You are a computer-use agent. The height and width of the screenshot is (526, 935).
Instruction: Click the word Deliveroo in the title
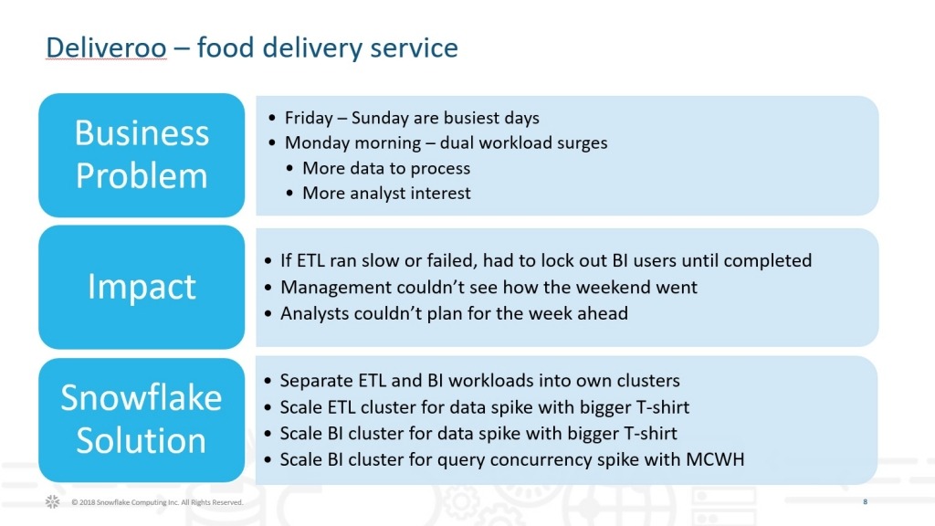coord(106,47)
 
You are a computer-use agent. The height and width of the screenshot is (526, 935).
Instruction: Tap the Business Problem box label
coord(142,154)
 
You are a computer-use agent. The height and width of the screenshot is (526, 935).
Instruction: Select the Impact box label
coord(142,287)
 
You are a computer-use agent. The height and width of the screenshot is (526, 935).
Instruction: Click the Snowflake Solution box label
coord(142,419)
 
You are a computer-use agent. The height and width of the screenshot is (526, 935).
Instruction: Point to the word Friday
coord(309,118)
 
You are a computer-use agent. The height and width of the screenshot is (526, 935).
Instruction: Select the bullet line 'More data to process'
coord(386,168)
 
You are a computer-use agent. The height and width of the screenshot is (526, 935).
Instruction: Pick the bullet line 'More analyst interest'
coord(386,194)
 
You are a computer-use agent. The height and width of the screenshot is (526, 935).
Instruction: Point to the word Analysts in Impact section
coord(315,313)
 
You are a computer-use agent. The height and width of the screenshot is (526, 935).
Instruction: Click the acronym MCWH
coord(715,459)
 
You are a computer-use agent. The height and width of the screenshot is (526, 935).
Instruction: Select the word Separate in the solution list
coord(316,381)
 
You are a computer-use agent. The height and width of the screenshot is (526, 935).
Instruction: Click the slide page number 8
coord(866,501)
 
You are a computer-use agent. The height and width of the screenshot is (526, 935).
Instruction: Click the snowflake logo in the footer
coord(52,501)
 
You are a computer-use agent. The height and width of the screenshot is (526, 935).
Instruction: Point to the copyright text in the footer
coord(157,502)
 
